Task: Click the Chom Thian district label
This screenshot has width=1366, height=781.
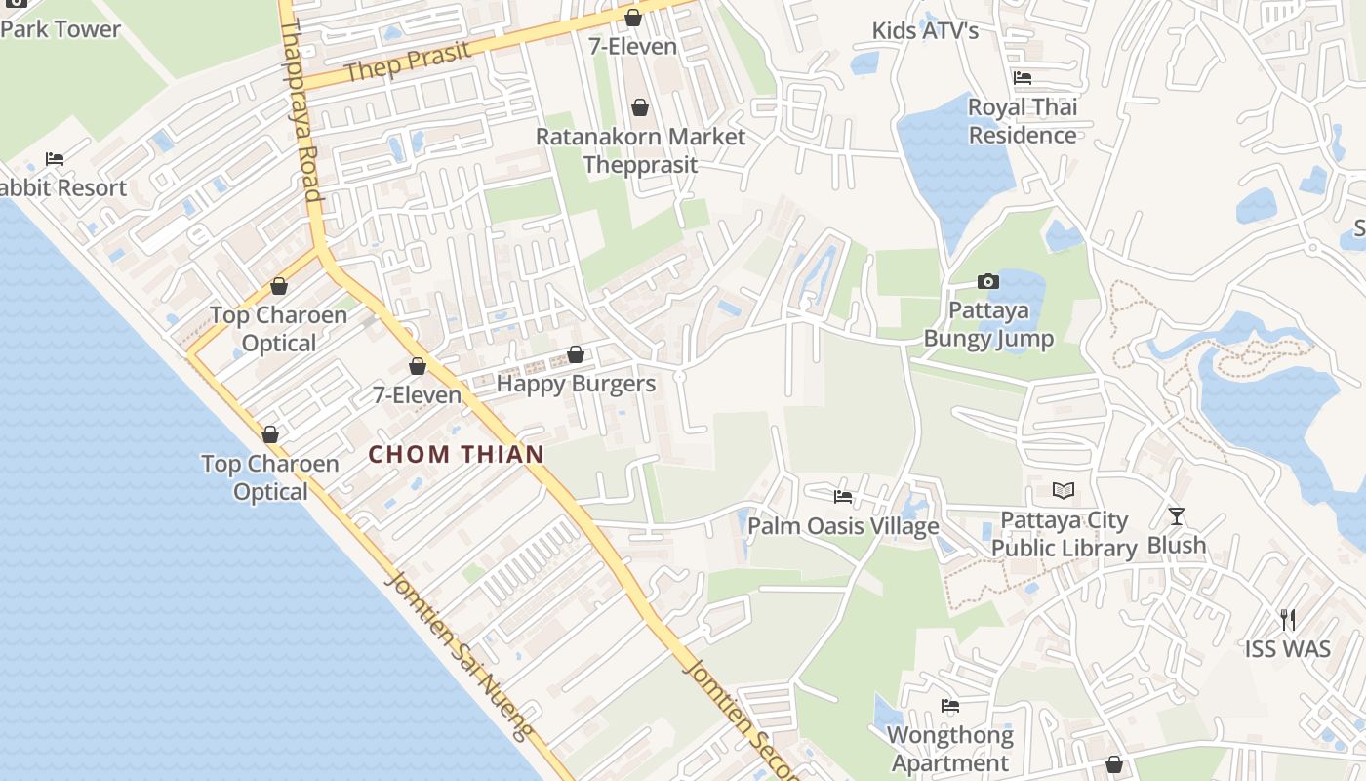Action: tap(456, 454)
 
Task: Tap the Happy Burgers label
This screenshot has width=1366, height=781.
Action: tap(576, 384)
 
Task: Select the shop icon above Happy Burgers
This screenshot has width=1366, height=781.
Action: tap(576, 354)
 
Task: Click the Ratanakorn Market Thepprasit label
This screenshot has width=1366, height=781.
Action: tap(640, 150)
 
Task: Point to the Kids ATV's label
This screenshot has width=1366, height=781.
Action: tap(925, 31)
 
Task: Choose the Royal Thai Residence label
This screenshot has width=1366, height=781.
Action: tap(1023, 121)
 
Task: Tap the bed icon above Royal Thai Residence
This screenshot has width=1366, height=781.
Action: tap(1023, 78)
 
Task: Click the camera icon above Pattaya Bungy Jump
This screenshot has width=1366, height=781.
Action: tap(988, 282)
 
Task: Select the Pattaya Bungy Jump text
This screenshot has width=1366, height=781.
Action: tap(988, 325)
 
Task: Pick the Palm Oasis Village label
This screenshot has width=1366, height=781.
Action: tap(843, 527)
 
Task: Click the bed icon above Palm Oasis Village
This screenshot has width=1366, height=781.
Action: tap(843, 497)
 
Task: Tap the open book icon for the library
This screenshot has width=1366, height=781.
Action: tap(1064, 490)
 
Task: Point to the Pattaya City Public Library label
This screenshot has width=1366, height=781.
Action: tap(1064, 535)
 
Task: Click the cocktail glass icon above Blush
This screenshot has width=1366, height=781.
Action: tap(1177, 515)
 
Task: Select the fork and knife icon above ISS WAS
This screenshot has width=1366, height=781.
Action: tap(1288, 619)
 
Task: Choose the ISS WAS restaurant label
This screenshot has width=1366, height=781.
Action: tap(1288, 649)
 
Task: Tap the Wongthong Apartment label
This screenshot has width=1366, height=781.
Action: tap(950, 749)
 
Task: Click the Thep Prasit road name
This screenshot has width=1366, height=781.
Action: tap(408, 62)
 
